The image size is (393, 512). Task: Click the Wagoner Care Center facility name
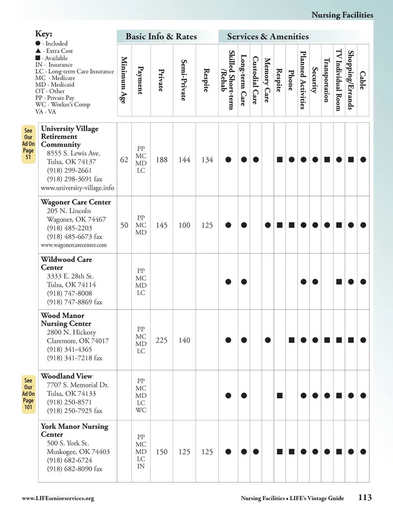[x=76, y=202]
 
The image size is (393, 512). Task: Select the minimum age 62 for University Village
[x=124, y=160]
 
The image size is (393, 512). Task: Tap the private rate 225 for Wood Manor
[x=162, y=340]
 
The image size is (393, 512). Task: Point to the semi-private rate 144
[x=184, y=160]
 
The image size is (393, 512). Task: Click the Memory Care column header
[x=267, y=80]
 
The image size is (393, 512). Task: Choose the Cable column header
[x=363, y=80]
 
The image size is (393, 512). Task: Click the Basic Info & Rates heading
[x=161, y=36]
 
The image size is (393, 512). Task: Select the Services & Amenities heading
[x=268, y=36]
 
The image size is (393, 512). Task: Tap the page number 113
[x=365, y=498]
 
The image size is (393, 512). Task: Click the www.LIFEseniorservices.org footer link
[x=58, y=498]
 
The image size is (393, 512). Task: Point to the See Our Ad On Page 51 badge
[x=28, y=144]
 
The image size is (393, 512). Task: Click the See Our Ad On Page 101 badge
[x=28, y=394]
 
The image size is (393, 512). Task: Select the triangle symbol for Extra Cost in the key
[x=38, y=51]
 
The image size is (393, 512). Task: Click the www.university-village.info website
[x=77, y=188]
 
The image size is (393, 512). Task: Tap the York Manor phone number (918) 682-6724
[x=69, y=460]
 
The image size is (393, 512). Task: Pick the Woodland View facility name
[x=66, y=376]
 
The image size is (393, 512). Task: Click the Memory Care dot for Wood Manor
[x=268, y=340]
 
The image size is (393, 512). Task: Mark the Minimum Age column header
[x=124, y=80]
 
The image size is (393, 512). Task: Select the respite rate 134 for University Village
[x=207, y=160]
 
